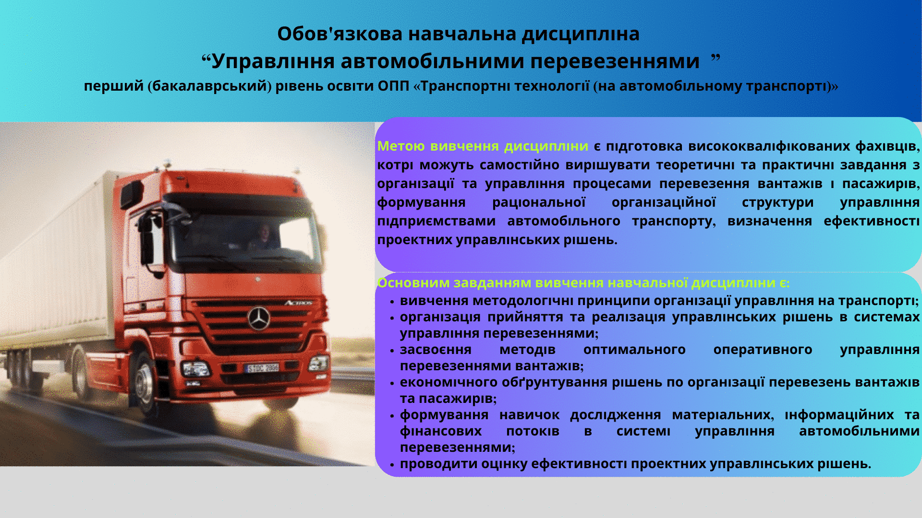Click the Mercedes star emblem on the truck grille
click(x=259, y=318)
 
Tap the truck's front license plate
click(x=262, y=368)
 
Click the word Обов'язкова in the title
click(x=340, y=34)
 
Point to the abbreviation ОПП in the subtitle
click(x=393, y=86)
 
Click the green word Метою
click(x=401, y=146)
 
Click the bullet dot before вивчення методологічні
click(x=392, y=302)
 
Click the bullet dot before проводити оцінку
click(x=392, y=465)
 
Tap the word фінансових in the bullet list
click(x=441, y=431)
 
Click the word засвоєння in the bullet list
click(x=436, y=350)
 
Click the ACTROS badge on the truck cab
click(x=298, y=303)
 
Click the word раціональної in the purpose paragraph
click(x=539, y=202)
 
